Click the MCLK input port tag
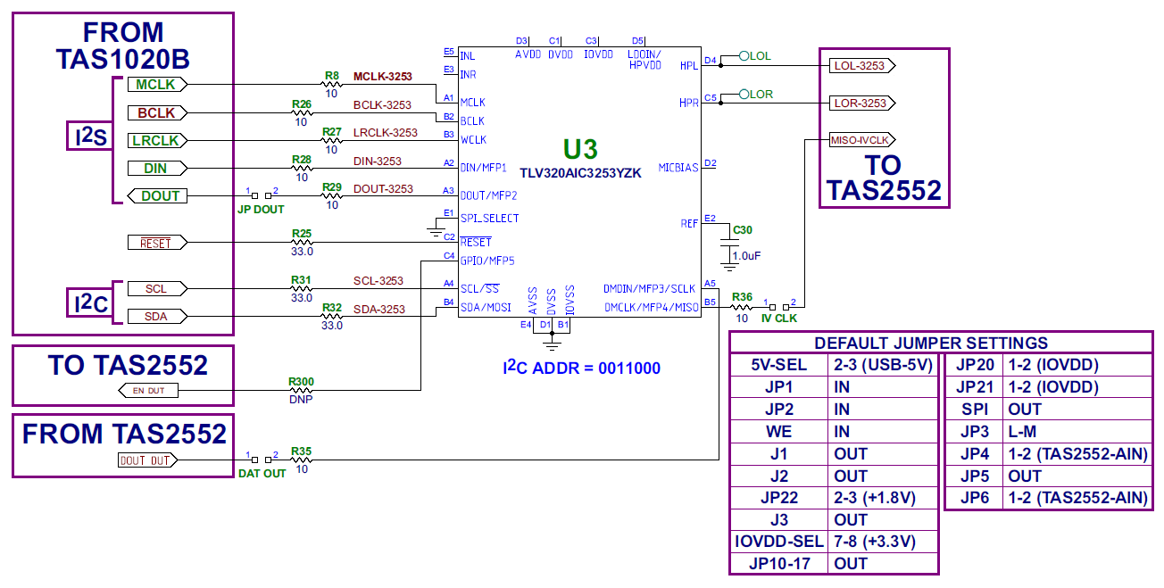(157, 84)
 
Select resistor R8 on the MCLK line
(332, 84)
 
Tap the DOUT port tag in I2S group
(157, 195)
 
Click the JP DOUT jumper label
(260, 210)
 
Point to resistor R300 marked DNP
(302, 390)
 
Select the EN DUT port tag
(148, 390)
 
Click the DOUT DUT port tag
(147, 460)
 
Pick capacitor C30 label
(742, 230)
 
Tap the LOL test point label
(760, 56)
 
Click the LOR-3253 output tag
(861, 104)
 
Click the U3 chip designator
(579, 149)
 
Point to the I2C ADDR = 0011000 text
(581, 368)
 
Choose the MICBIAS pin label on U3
(678, 167)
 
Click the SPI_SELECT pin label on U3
(489, 219)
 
